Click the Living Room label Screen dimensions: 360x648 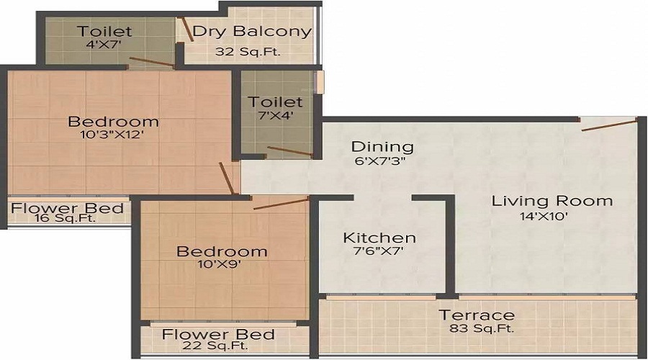[x=552, y=201]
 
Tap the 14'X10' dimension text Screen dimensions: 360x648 [x=552, y=217]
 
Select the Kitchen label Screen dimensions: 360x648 [x=379, y=238]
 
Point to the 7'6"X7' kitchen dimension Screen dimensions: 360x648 [x=379, y=253]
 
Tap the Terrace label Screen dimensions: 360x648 [x=477, y=315]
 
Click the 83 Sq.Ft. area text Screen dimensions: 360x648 [x=477, y=330]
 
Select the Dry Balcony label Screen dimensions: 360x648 [x=251, y=32]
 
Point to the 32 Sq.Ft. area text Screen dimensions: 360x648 [x=248, y=51]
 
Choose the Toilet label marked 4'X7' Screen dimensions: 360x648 [x=105, y=31]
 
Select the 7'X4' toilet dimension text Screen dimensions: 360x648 [x=275, y=115]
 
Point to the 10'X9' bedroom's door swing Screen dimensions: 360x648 [x=281, y=203]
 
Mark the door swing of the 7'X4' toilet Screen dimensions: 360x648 [x=289, y=151]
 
